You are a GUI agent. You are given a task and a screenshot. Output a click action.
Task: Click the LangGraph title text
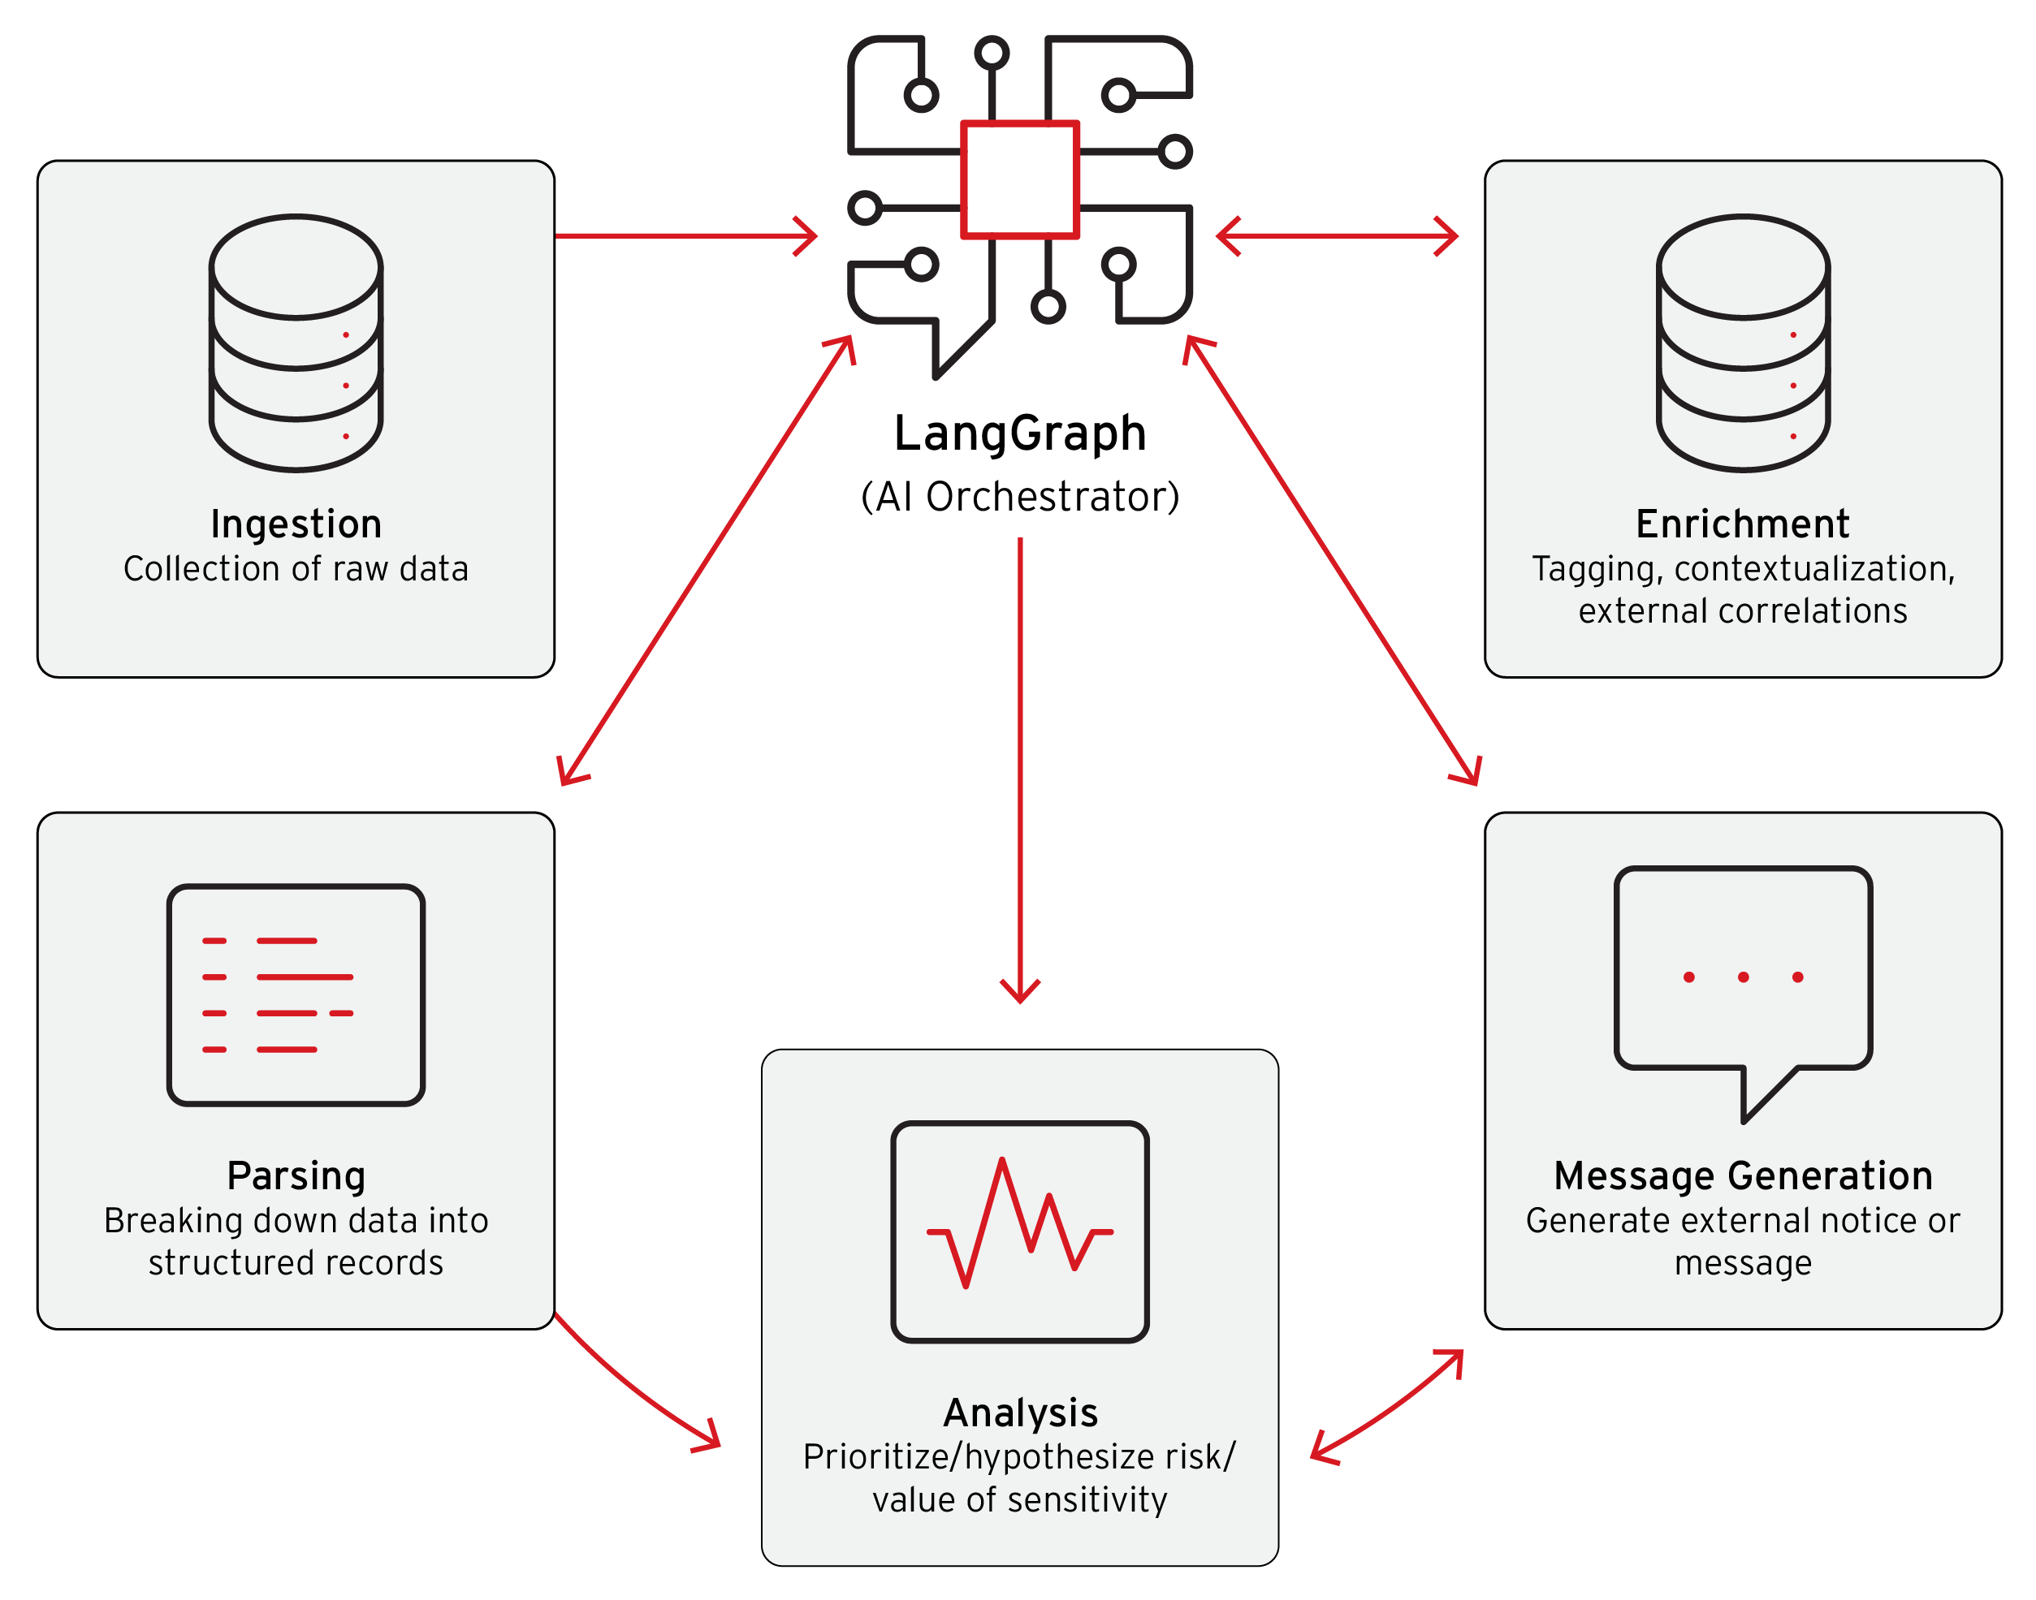1019,433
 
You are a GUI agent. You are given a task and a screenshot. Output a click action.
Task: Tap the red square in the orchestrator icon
1019,179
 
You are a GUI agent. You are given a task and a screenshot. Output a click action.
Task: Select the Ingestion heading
296,524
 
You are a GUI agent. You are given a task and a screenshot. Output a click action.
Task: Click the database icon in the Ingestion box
296,343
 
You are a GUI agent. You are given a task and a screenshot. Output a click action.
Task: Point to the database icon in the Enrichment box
1742,343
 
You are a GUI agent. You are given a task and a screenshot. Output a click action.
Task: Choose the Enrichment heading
1742,524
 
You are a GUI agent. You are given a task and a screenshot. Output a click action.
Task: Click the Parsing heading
296,1175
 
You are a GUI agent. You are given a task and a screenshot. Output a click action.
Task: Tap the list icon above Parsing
296,995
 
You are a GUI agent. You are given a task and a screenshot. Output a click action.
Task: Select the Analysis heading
1019,1412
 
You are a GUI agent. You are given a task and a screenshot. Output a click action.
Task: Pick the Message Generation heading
1742,1175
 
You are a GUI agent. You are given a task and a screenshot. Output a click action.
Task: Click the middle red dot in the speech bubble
1743,977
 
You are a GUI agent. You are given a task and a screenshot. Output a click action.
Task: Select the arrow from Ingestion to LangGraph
684,236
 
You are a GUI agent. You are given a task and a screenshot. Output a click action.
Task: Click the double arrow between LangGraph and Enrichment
1337,236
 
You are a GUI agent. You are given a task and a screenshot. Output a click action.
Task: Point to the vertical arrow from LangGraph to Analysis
1019,768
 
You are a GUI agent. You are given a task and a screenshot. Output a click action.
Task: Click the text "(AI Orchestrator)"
1019,498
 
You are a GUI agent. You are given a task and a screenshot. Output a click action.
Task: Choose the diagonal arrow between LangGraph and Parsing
706,560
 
